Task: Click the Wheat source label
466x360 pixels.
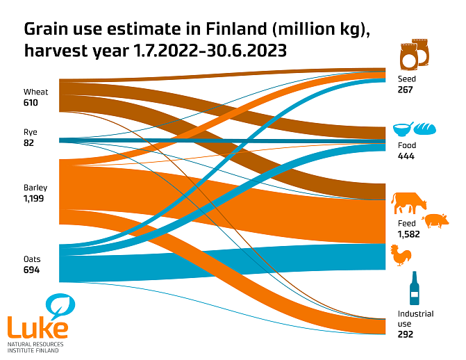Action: (35, 92)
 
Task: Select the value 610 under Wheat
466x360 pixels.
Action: (31, 103)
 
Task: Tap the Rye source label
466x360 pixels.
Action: (30, 131)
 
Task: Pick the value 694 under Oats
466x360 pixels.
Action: (31, 270)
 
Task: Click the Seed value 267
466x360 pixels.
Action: (406, 90)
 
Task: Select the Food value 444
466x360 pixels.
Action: (406, 156)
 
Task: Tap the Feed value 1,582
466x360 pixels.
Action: (409, 234)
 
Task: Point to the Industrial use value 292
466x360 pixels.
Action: (406, 334)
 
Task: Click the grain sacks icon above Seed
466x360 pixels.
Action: (414, 55)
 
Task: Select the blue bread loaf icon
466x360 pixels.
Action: (424, 129)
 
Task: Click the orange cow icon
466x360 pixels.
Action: (409, 204)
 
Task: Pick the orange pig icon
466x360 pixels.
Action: (435, 221)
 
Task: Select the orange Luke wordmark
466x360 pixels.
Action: (38, 327)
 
